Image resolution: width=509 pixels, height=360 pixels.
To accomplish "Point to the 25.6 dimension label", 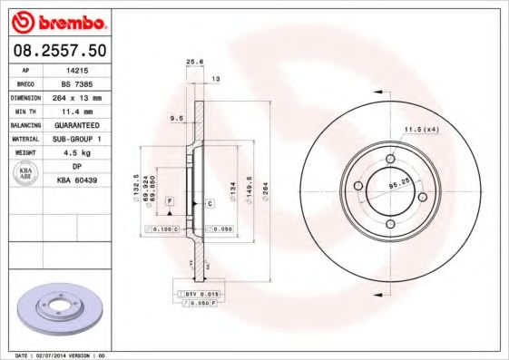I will (192, 62).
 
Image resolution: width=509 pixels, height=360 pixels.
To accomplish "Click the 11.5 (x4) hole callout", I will (421, 131).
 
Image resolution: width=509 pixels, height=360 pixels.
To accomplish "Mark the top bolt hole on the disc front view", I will (391, 159).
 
